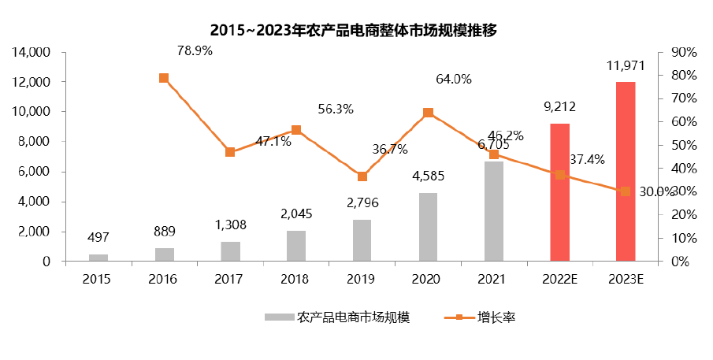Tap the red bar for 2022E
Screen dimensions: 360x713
click(x=559, y=192)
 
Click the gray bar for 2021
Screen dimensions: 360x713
click(x=494, y=211)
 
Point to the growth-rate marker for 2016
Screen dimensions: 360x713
click(x=164, y=78)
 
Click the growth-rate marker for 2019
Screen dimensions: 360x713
click(x=362, y=176)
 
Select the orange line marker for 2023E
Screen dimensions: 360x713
click(x=625, y=191)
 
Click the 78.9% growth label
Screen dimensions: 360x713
click(x=193, y=51)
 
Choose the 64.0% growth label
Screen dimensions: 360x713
click(x=453, y=79)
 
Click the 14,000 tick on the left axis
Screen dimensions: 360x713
click(x=30, y=53)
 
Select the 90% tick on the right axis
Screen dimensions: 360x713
click(x=682, y=53)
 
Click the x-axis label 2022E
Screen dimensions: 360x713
click(x=559, y=279)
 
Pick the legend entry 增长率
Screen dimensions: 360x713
click(x=496, y=317)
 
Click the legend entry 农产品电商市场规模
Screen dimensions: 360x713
click(x=353, y=317)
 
